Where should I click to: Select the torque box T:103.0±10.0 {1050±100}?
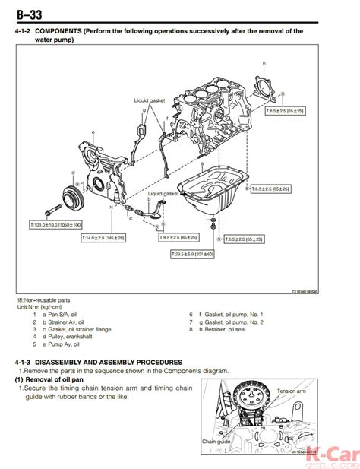pyautogui.click(x=55, y=225)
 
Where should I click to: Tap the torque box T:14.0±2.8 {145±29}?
pyautogui.click(x=104, y=238)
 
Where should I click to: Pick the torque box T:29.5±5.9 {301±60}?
pyautogui.click(x=192, y=253)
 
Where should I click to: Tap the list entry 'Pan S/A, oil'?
pyautogui.click(x=62, y=313)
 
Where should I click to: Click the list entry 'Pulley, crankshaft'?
pyautogui.click(x=71, y=337)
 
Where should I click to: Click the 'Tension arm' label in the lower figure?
pyautogui.click(x=292, y=391)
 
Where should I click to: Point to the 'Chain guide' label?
pyautogui.click(x=216, y=440)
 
